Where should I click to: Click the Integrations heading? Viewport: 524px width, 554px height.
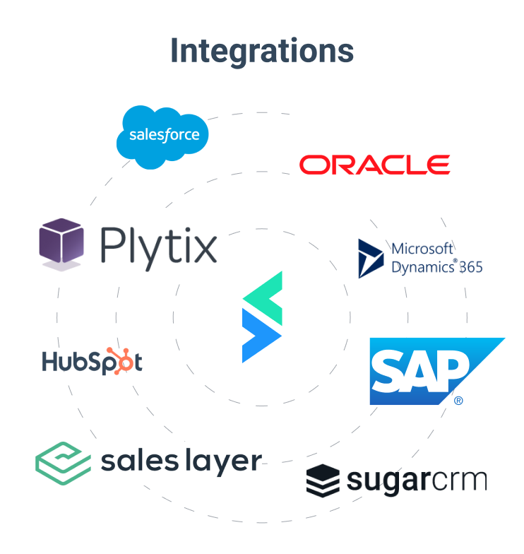tap(262, 51)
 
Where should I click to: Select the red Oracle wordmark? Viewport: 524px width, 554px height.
tap(374, 165)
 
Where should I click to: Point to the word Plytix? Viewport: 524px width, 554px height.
tap(158, 244)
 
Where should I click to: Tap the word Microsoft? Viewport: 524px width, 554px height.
tap(422, 248)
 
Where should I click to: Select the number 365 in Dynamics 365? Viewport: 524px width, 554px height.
tap(470, 268)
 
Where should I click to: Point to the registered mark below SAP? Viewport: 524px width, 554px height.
tap(458, 401)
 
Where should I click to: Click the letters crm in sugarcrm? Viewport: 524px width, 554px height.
tap(459, 480)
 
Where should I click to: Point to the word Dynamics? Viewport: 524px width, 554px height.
tap(422, 268)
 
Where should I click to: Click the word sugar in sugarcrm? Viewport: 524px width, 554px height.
tap(387, 481)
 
